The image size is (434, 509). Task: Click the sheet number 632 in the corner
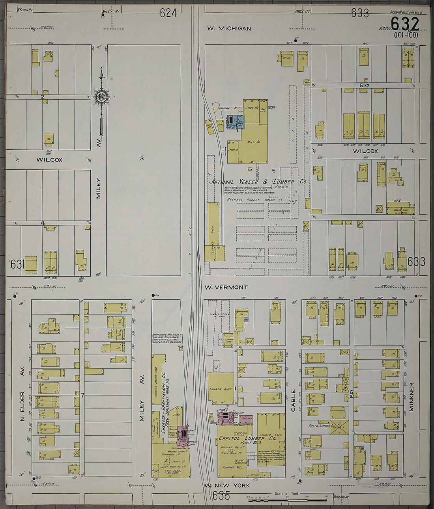coord(405,24)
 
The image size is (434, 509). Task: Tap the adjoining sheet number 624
coord(168,13)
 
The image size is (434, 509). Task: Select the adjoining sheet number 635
coord(221,495)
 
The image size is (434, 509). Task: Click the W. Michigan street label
coord(229,28)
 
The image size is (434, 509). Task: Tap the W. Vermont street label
coord(226,287)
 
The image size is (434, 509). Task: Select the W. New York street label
coord(227,485)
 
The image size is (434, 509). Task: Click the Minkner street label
coord(411,397)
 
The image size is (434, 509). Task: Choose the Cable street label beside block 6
coord(293,400)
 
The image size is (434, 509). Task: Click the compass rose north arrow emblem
coord(101,97)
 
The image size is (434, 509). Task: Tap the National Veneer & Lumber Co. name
coord(258,182)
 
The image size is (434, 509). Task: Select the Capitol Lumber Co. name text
coord(247,438)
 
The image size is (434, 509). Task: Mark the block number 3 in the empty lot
coord(142,158)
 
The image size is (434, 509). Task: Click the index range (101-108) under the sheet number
coord(406,35)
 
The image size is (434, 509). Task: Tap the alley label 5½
coord(364,85)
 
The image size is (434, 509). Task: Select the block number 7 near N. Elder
coord(82,395)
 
